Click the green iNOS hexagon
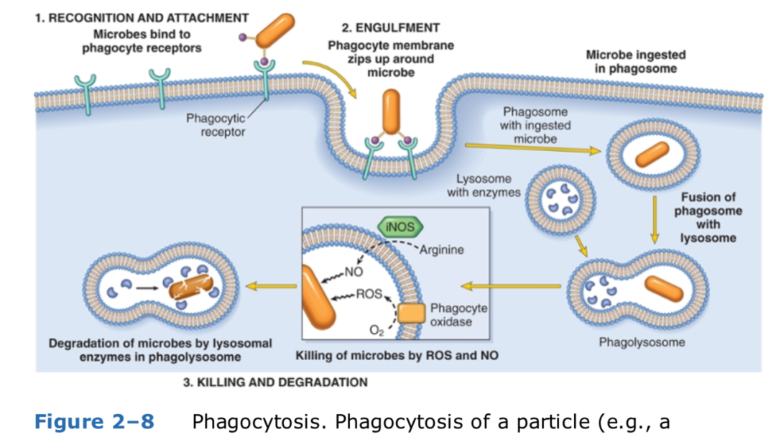coord(400,227)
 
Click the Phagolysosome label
coord(642,342)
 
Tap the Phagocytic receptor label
coord(216,124)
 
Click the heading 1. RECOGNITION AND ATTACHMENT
coord(142,17)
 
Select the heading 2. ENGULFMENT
coord(390,28)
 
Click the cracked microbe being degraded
coord(192,288)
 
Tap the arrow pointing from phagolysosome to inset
coord(511,287)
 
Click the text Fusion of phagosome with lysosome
coord(708,217)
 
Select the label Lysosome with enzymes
coord(484,185)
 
